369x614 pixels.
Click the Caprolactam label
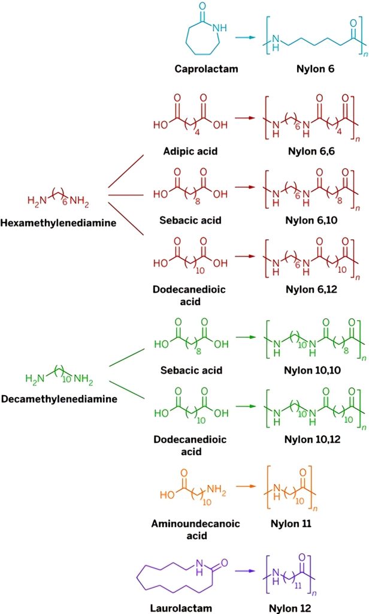coord(206,69)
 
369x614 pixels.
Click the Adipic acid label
coord(190,151)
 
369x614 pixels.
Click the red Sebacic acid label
coord(190,220)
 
